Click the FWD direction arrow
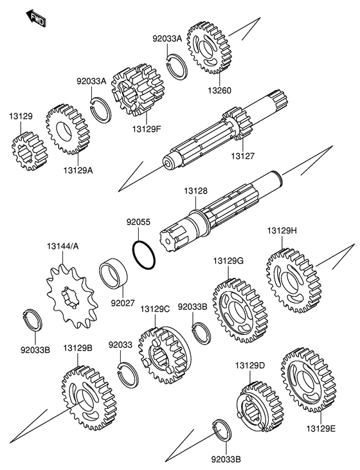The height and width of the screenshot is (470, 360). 35,18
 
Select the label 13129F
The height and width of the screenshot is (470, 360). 147,129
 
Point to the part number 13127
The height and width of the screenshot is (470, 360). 242,156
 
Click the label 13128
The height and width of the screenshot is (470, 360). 195,191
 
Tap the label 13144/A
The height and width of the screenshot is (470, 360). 62,246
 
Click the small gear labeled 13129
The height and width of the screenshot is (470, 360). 30,153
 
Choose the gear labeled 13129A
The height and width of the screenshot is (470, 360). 68,129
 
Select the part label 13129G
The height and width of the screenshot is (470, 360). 228,261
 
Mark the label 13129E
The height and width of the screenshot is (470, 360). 321,429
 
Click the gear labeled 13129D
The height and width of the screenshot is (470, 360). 260,406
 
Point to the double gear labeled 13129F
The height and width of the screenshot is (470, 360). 138,90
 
